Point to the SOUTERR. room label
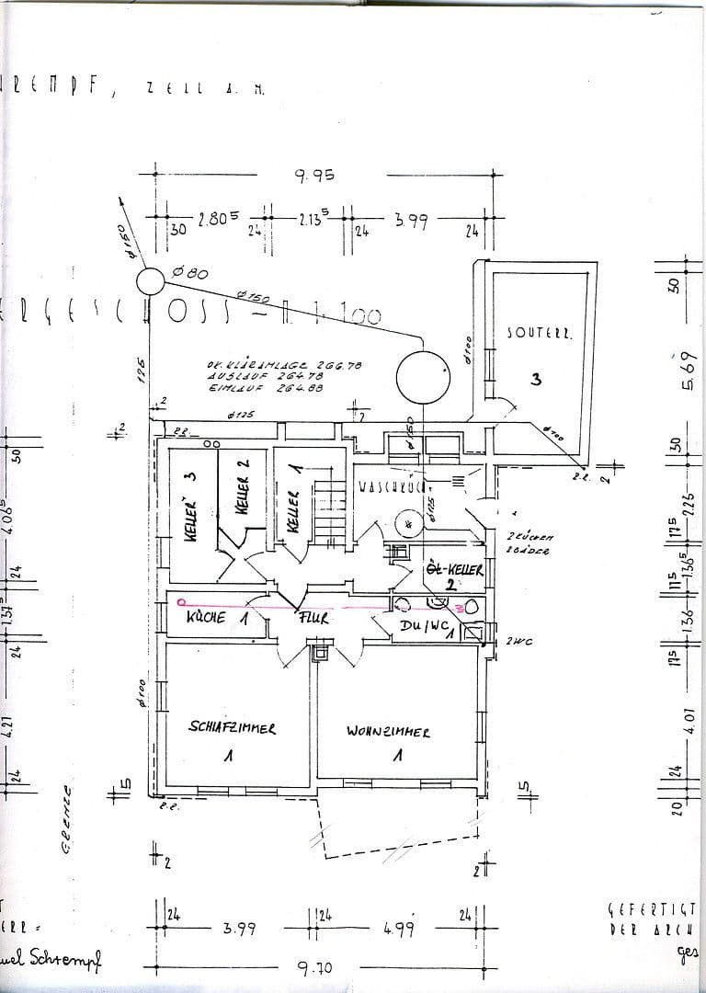(x=540, y=334)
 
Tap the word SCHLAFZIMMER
(x=232, y=726)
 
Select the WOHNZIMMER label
(x=388, y=732)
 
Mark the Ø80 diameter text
(x=191, y=273)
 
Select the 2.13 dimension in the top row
(x=313, y=220)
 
